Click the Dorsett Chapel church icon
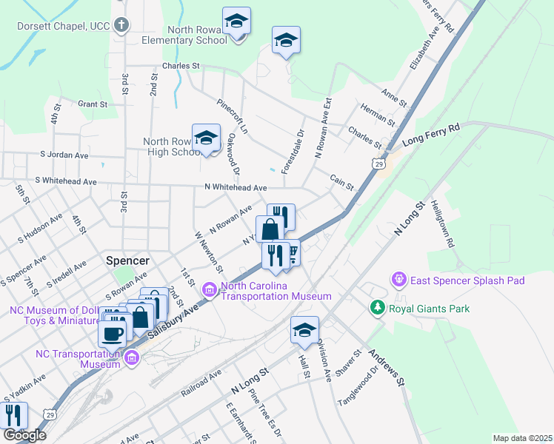(x=123, y=26)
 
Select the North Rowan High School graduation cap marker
(x=207, y=138)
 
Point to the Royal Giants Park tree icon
(x=378, y=308)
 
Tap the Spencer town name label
(x=128, y=260)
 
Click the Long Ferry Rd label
(x=431, y=135)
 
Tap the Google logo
(x=24, y=435)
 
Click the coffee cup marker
(x=113, y=332)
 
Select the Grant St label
(x=93, y=104)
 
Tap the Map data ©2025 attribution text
(x=522, y=438)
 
